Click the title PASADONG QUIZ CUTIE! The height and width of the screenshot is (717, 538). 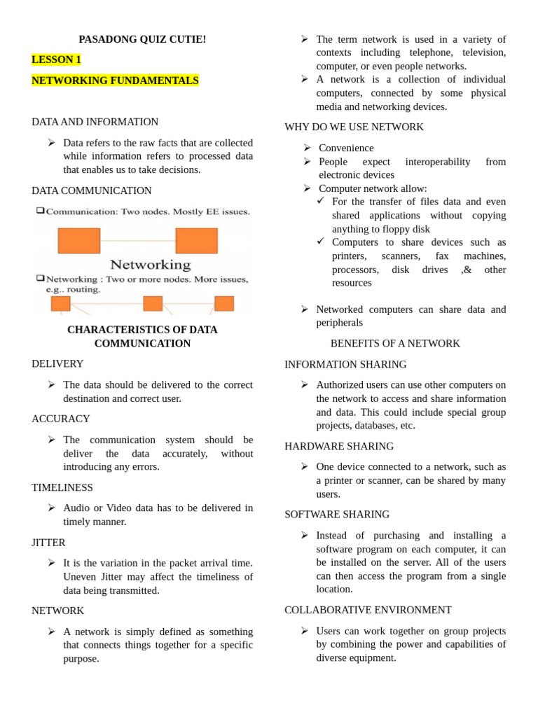point(142,39)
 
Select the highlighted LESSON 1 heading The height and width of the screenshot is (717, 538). point(56,60)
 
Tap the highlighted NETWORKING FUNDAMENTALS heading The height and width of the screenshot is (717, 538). point(115,81)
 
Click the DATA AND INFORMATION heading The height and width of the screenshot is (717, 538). point(95,122)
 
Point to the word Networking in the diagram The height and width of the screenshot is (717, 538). point(150,265)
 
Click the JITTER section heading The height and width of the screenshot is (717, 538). point(48,543)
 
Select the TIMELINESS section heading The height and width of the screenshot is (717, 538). point(62,487)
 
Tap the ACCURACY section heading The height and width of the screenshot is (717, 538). point(60,419)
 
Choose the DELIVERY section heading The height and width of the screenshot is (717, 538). point(57,364)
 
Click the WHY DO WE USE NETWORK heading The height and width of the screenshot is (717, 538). point(354,127)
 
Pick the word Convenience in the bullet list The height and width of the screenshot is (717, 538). point(346,148)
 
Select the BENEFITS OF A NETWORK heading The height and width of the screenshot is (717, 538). point(395,343)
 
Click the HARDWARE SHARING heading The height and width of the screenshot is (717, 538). point(339,446)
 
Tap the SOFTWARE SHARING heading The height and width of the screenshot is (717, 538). point(337,514)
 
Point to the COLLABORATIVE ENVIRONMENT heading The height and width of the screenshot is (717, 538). point(368,610)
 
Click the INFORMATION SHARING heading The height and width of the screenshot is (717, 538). point(345,364)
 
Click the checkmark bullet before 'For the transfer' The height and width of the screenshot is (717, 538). point(321,201)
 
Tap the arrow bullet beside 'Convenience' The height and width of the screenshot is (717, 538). point(307,148)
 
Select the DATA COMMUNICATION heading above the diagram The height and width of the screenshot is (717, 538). point(91,190)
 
